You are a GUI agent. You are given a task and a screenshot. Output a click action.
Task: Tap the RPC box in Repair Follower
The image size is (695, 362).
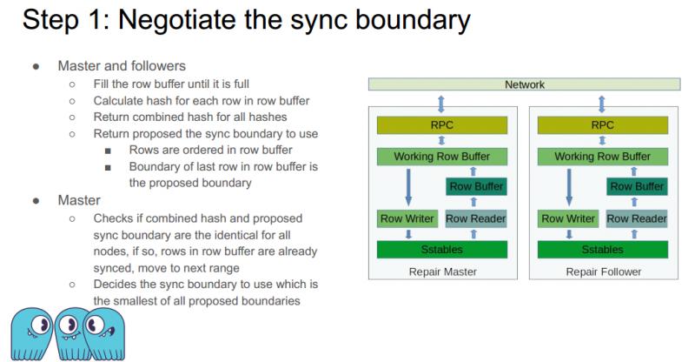click(x=602, y=124)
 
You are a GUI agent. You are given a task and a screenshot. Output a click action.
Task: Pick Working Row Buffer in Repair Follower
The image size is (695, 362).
click(x=602, y=157)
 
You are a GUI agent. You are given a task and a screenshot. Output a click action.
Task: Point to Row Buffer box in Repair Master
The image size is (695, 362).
click(x=475, y=186)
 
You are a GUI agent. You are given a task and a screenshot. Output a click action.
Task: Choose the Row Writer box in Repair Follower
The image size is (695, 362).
click(x=568, y=218)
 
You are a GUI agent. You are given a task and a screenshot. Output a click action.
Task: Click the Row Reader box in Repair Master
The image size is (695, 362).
click(x=475, y=218)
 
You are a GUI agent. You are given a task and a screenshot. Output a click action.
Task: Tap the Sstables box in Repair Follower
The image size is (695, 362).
click(x=602, y=250)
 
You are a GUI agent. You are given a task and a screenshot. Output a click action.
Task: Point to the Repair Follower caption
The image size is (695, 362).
click(x=602, y=271)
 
